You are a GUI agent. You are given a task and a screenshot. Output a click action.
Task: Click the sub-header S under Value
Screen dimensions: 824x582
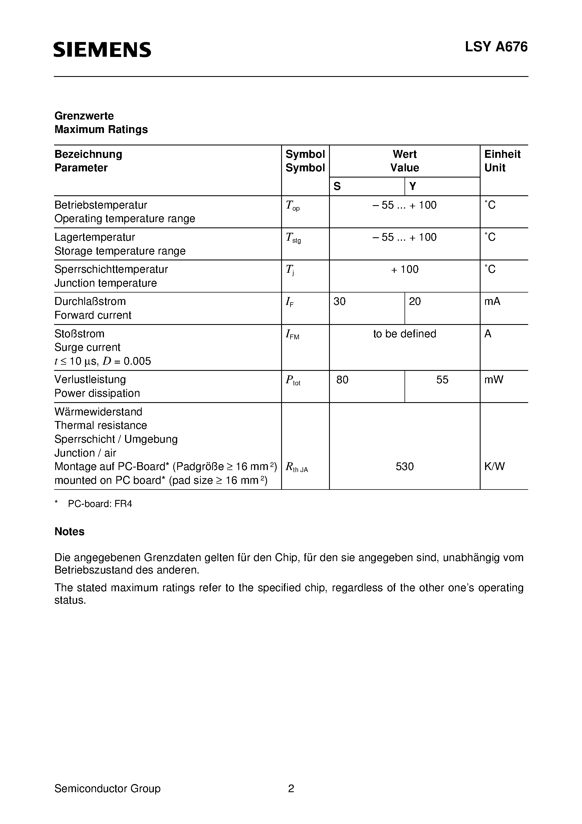[x=337, y=186]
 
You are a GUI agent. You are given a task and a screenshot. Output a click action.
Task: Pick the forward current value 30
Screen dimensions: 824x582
[x=339, y=302]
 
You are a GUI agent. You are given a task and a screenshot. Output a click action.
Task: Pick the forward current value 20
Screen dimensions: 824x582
[x=414, y=302]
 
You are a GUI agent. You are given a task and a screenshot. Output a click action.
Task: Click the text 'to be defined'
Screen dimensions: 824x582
[x=405, y=334]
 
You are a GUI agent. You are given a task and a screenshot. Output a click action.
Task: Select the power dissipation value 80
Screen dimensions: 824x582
[x=342, y=380]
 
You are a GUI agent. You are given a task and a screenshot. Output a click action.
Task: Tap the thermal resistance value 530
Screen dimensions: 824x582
[x=405, y=467]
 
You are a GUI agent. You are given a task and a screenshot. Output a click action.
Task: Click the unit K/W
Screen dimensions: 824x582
[x=494, y=467]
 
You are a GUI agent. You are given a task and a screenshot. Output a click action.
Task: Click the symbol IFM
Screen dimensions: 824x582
[x=292, y=335]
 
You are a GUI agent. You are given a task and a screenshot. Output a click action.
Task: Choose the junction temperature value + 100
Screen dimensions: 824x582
[x=405, y=269]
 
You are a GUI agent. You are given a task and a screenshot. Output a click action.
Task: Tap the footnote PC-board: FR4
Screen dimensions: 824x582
[x=100, y=504]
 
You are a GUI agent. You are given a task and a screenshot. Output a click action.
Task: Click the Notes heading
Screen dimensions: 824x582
[x=69, y=531]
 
